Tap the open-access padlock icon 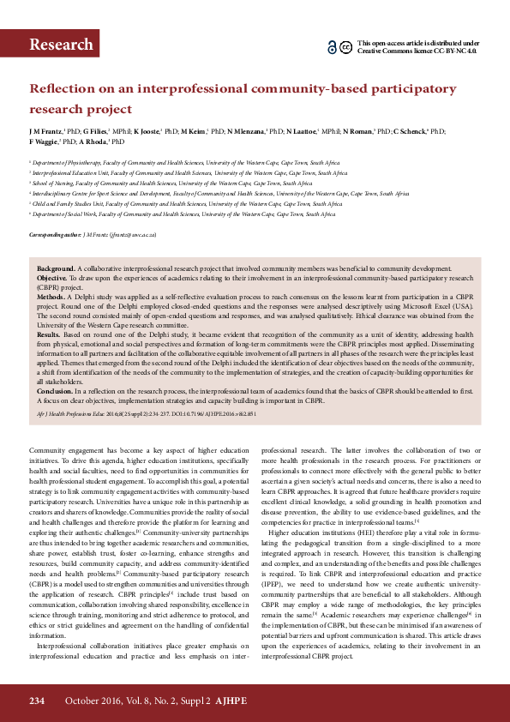click(332, 47)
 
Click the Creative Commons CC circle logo click(345, 47)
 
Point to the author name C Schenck click(410, 131)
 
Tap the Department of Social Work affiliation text click(72, 214)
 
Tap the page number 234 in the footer click(36, 701)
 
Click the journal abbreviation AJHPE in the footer click(231, 701)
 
